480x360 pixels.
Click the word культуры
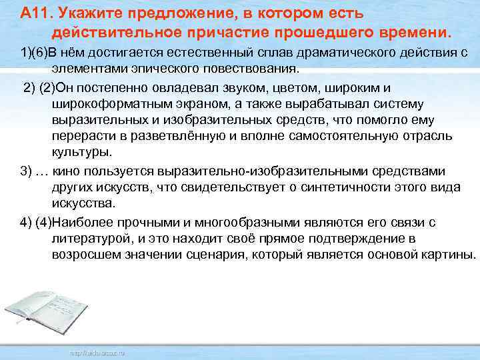click(x=75, y=151)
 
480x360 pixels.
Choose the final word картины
click(x=451, y=254)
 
